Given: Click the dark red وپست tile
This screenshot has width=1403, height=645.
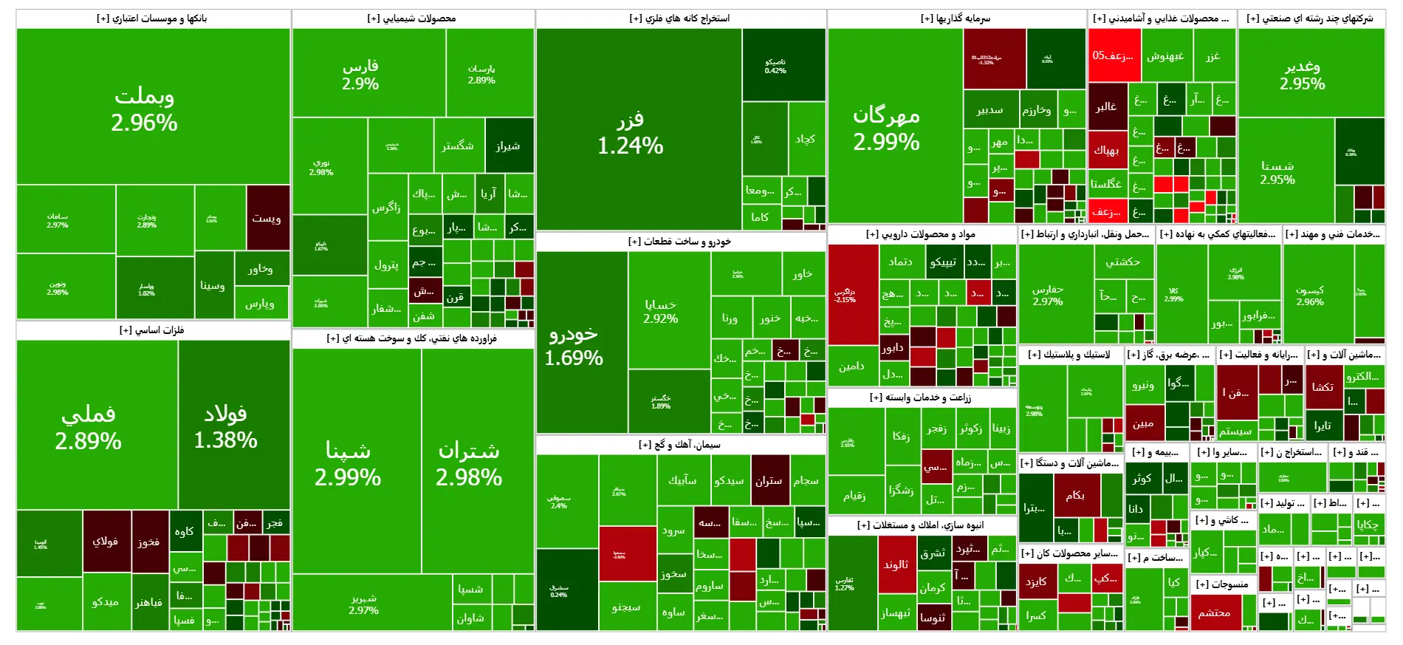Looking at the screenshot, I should point(267,217).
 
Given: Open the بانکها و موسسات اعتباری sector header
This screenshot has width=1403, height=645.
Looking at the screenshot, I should point(152,18).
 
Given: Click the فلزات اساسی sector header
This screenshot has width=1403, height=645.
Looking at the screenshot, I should point(152,330).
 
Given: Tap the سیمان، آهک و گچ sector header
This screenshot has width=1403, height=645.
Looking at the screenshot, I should point(679,445).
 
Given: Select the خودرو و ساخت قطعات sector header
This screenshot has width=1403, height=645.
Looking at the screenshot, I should point(679,242).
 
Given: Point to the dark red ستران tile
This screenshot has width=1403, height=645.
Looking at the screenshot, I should point(769,480).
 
